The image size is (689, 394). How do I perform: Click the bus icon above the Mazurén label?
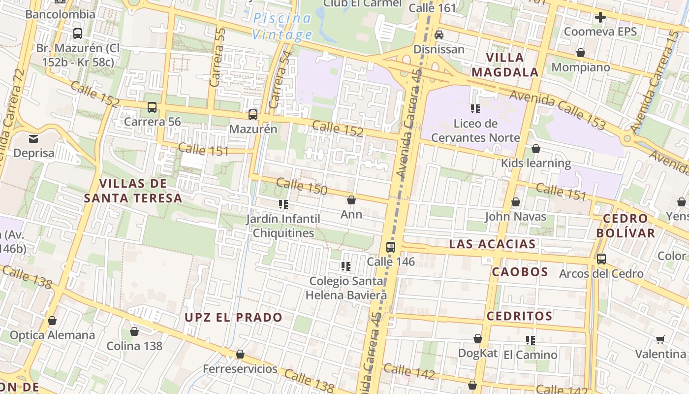(x=253, y=115)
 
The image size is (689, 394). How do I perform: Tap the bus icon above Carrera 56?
(x=152, y=107)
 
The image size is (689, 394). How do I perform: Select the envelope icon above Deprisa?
(x=33, y=139)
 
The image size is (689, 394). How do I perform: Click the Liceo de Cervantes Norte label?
(x=475, y=131)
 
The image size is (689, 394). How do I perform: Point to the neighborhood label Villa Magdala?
(x=505, y=65)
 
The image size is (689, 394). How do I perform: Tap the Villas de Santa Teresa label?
(x=133, y=191)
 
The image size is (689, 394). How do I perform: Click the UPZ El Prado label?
(x=233, y=317)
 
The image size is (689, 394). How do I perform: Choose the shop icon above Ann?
(x=351, y=200)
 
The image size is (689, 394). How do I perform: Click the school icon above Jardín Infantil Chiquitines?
(x=283, y=204)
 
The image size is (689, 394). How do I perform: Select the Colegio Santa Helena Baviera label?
(x=346, y=288)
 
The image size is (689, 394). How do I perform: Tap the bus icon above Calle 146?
(x=391, y=247)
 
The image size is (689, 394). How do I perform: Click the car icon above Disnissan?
(x=439, y=35)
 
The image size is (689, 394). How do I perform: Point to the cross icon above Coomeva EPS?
(x=600, y=18)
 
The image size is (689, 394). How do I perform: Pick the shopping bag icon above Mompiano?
(x=581, y=53)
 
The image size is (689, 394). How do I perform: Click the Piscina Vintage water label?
(x=282, y=27)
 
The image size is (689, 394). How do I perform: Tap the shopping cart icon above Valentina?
(x=660, y=339)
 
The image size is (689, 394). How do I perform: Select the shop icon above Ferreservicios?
(x=240, y=354)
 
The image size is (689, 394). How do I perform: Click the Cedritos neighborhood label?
(x=519, y=316)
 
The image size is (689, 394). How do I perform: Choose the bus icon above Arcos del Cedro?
(x=601, y=259)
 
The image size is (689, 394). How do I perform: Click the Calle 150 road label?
(x=302, y=187)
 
